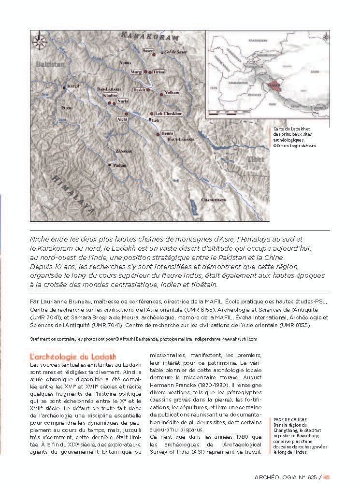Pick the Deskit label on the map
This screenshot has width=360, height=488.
pyautogui.click(x=139, y=90)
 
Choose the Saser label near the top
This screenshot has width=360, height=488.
pyautogui.click(x=148, y=51)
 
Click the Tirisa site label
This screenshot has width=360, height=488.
pyautogui.click(x=159, y=72)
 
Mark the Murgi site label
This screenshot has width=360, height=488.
pyautogui.click(x=136, y=72)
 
